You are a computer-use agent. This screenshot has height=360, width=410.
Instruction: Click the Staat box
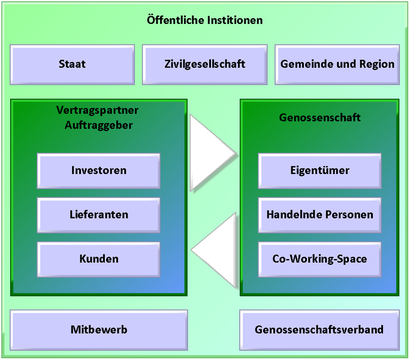73,65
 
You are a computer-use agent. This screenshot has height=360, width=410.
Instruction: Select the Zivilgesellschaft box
205,65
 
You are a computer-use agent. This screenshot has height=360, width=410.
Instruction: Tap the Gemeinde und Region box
337,65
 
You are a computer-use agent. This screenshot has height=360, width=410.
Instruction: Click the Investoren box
98,171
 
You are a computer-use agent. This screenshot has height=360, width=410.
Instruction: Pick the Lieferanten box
98,215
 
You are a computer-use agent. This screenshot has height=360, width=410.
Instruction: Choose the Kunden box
98,259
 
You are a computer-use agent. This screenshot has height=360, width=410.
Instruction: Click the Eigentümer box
319,171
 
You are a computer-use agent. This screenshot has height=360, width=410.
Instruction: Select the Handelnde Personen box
319,215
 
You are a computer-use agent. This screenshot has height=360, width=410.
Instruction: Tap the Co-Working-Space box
319,259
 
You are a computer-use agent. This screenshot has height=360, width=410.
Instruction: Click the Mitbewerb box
99,330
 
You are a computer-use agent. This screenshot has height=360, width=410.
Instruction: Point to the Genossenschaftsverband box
319,330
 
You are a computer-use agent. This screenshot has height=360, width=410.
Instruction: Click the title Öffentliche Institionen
205,20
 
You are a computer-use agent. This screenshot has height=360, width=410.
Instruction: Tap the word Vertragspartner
97,110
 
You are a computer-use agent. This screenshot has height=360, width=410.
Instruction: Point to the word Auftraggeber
98,125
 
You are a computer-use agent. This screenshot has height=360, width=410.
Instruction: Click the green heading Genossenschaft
319,118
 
